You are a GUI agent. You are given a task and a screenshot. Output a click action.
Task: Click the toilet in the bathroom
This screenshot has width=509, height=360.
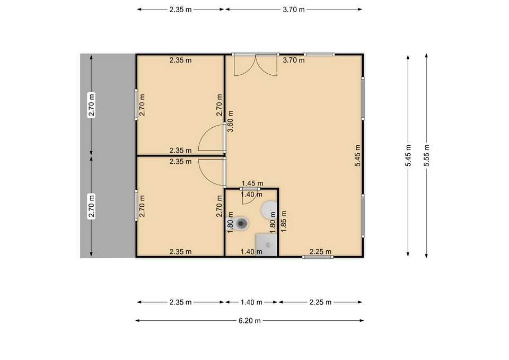[242, 224]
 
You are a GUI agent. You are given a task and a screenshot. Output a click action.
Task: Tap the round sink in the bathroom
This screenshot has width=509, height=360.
[269, 209]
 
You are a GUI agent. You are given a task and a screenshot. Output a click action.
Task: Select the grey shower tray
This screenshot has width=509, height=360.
[267, 245]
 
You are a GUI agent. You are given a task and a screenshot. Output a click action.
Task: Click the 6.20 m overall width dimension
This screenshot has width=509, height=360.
[249, 320]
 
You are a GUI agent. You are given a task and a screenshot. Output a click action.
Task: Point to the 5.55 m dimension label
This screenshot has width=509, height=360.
[427, 156]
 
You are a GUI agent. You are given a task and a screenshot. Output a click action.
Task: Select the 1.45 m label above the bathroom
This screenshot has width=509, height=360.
[252, 183]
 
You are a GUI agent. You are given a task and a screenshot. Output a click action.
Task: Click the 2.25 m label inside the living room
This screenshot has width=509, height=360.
[320, 251]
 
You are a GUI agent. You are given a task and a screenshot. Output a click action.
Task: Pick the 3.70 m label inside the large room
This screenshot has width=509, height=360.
[293, 60]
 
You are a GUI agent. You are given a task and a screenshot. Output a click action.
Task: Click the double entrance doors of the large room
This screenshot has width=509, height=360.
[256, 65]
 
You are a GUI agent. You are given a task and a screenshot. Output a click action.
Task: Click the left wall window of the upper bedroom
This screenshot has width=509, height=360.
[136, 103]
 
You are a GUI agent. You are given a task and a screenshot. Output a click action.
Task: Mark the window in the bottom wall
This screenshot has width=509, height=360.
[318, 257]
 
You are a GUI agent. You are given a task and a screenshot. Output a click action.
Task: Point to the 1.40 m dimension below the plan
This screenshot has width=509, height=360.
[251, 302]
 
